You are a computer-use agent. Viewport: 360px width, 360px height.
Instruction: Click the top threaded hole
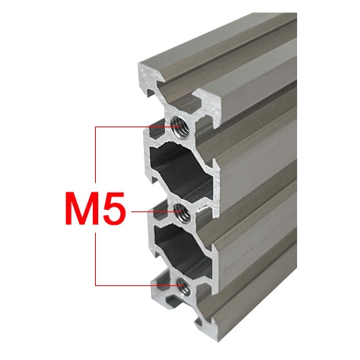tap(180, 127)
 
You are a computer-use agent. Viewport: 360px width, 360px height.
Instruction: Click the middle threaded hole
tap(181, 210)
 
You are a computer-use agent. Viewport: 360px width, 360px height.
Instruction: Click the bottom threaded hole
tap(182, 284)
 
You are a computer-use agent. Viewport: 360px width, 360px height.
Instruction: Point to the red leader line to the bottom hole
tap(134, 284)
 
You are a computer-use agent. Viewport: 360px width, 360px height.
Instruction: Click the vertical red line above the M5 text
tap(95, 157)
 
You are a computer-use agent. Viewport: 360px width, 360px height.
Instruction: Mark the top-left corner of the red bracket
tap(95, 127)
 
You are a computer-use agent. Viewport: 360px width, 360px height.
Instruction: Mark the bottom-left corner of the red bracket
tap(95, 284)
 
